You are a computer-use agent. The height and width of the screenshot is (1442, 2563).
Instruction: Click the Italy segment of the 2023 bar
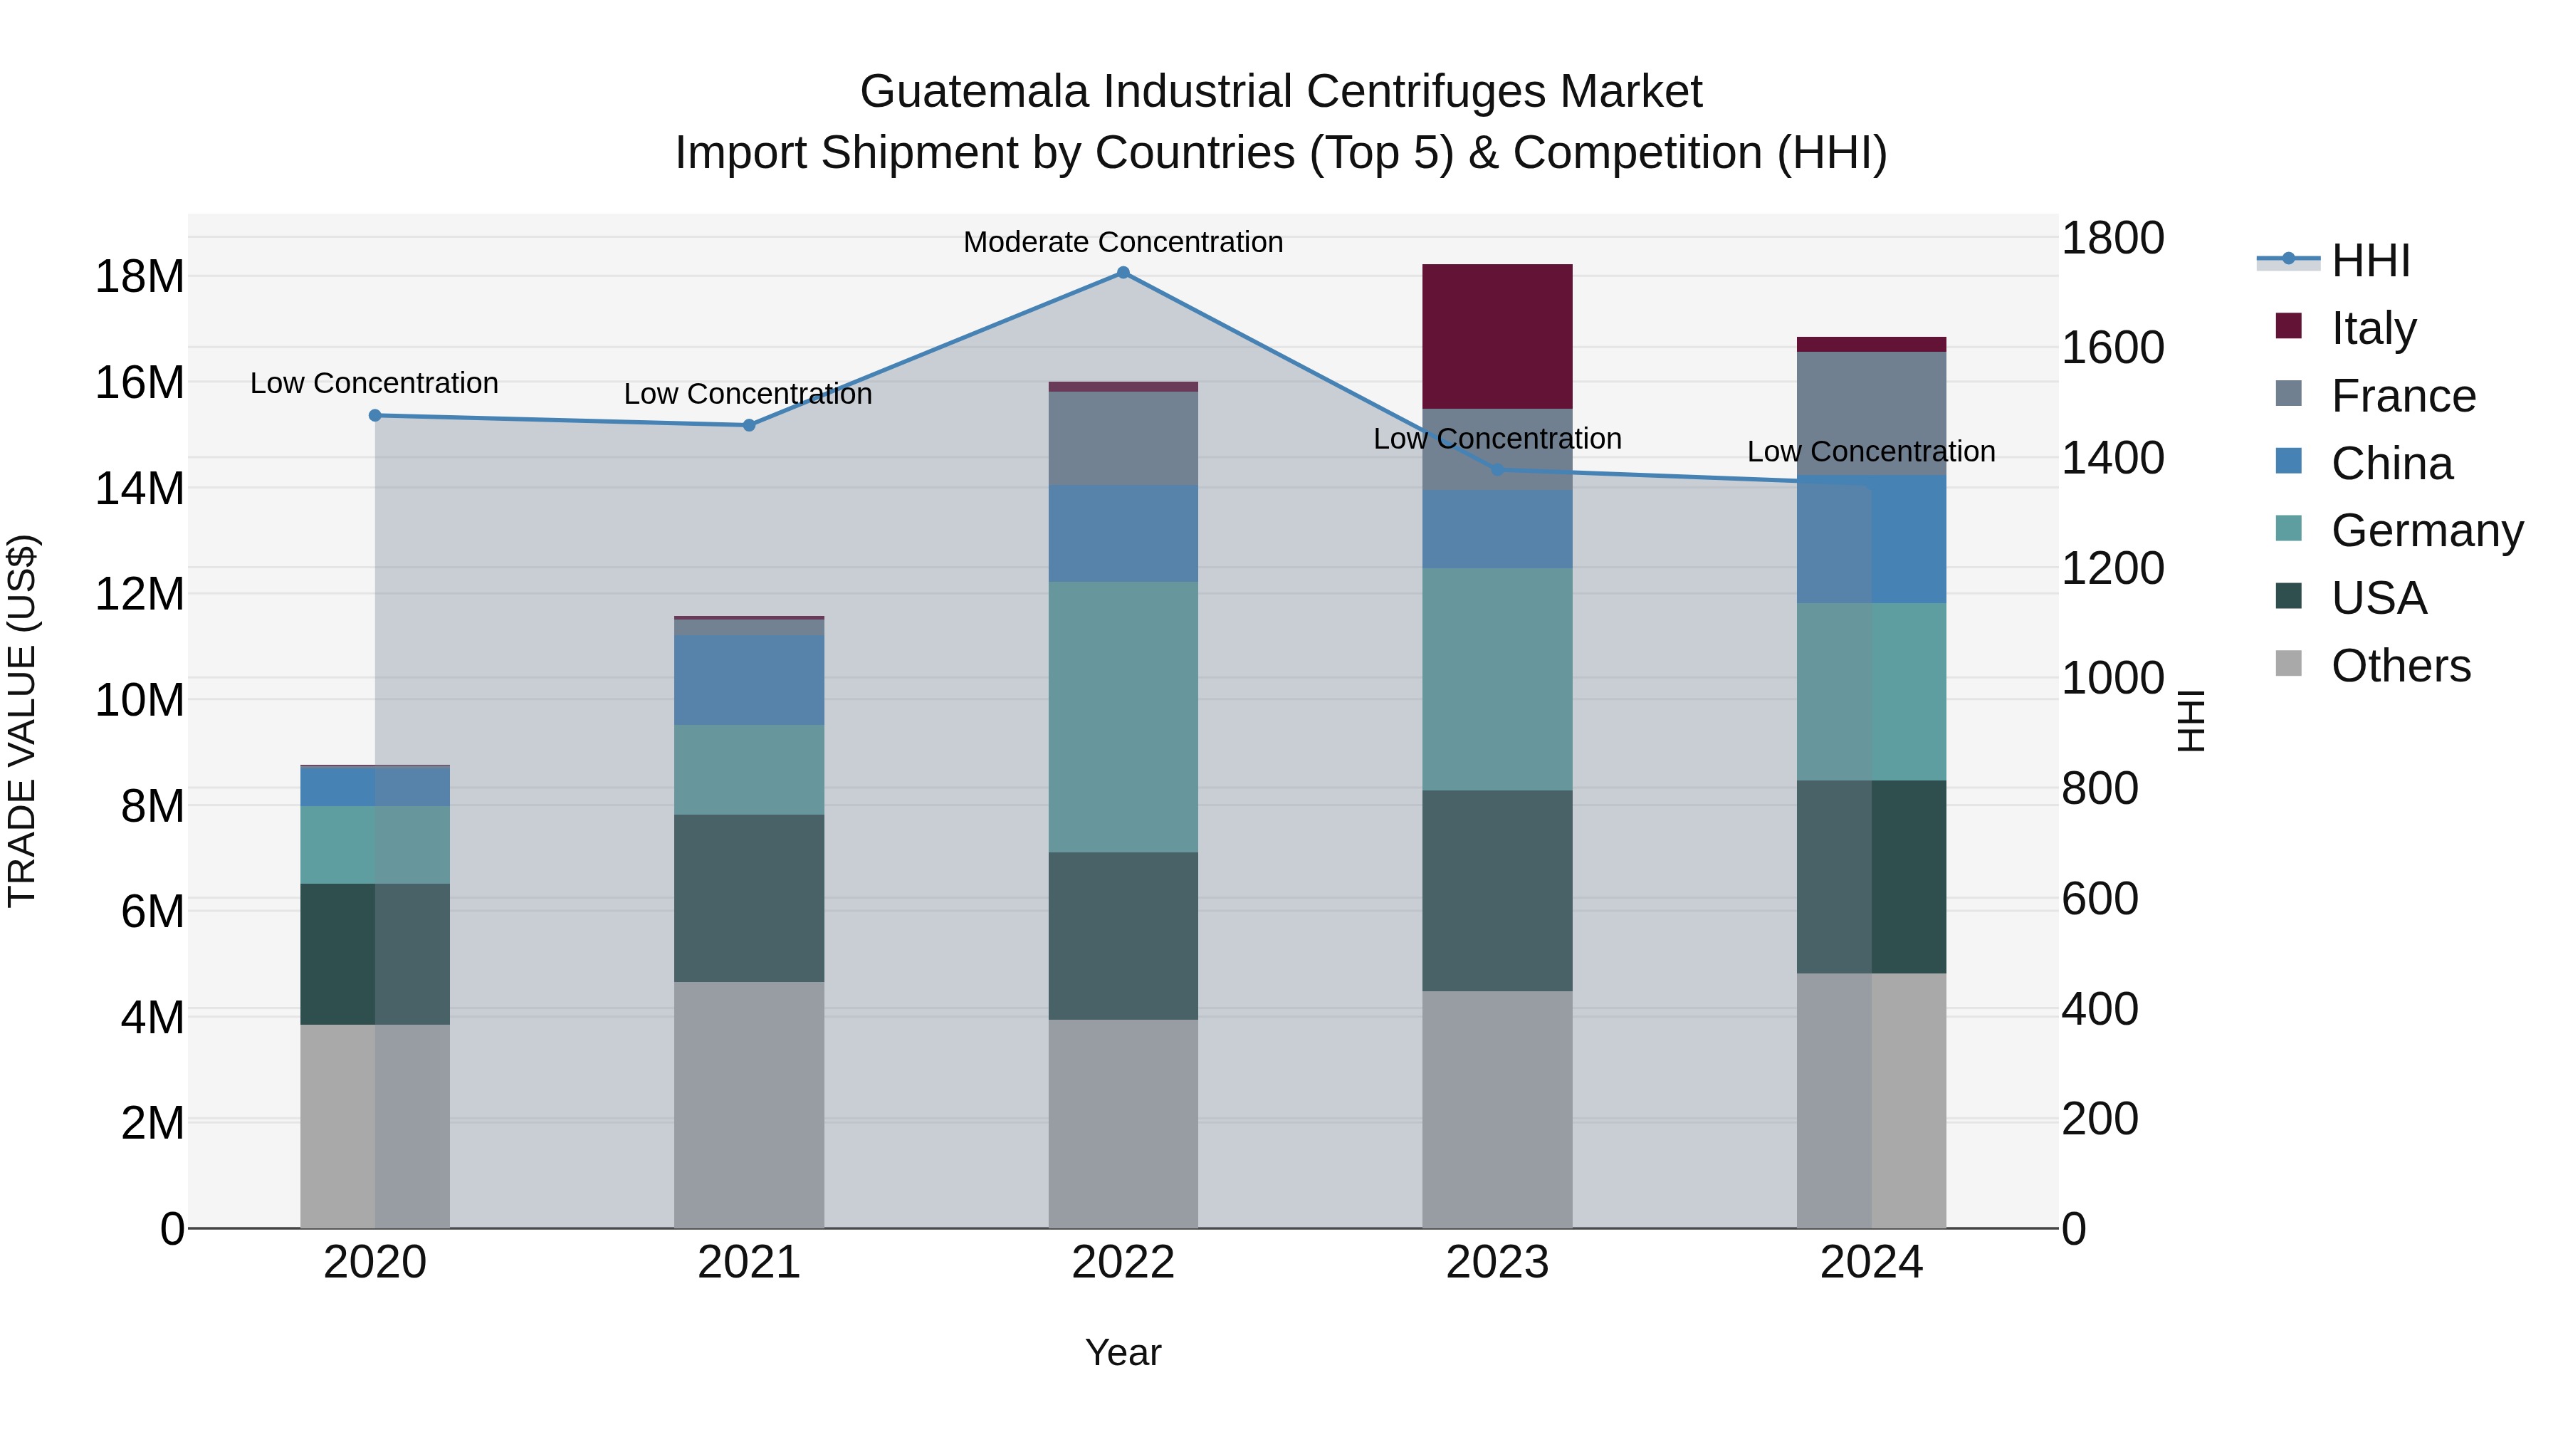pos(1497,336)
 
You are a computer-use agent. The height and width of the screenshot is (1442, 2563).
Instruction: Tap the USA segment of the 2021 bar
pos(748,898)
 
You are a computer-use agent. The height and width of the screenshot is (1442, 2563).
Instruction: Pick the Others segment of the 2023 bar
pos(1497,1109)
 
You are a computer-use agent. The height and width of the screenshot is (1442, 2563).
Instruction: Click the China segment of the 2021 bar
pos(748,680)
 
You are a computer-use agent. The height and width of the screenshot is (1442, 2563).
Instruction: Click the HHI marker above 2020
pos(375,416)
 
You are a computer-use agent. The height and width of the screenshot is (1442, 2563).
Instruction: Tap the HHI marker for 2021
pos(749,426)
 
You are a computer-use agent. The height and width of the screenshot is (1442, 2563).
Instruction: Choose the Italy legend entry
pos(2373,328)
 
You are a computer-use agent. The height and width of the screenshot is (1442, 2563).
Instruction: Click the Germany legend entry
pos(2427,531)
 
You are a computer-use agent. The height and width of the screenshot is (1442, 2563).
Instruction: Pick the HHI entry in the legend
pos(2370,261)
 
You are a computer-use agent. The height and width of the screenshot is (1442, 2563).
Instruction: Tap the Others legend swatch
pos(2288,664)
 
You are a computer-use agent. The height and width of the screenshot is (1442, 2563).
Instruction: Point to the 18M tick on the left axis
pos(140,277)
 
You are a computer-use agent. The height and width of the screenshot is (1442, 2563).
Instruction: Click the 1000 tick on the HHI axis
pos(2112,679)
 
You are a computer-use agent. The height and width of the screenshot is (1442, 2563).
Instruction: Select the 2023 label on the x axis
pos(1497,1263)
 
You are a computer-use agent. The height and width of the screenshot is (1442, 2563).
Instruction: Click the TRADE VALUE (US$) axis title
pos(22,721)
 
